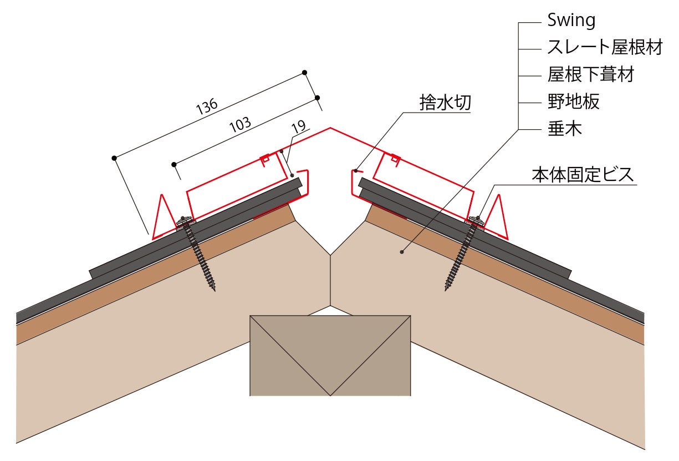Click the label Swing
coord(571,21)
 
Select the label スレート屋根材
coord(605,48)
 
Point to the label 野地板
coord(573,102)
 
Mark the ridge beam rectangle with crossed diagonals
coord(330,355)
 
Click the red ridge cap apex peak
coord(331,129)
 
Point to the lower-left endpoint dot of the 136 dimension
coord(114,158)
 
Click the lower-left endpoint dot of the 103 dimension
coord(173,164)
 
